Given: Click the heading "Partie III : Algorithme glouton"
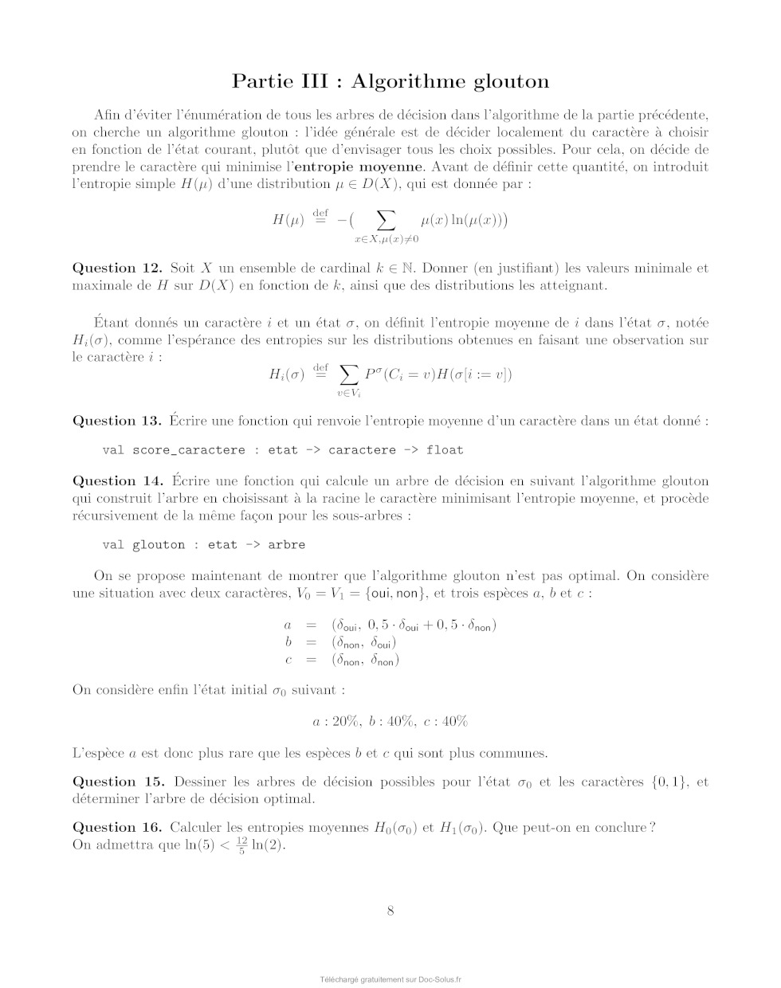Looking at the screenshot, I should pos(390,81).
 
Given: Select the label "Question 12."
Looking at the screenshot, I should pos(117,269).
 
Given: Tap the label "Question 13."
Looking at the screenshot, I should pos(117,421).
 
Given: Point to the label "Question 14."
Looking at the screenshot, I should pos(117,481).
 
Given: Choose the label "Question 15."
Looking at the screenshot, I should pos(119,782).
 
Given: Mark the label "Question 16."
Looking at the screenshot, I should pos(117,828).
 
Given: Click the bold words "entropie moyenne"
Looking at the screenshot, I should pos(358,167).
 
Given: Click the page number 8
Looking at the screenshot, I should pos(390,912).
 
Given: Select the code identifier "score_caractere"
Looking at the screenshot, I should pos(188,450).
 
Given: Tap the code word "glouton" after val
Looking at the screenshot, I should pos(158,545).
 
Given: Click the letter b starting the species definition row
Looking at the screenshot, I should pos(288,642).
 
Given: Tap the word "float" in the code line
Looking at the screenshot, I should pos(445,450).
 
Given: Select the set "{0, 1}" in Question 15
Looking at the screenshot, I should pos(669,782).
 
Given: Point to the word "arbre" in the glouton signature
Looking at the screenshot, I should pos(286,545).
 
